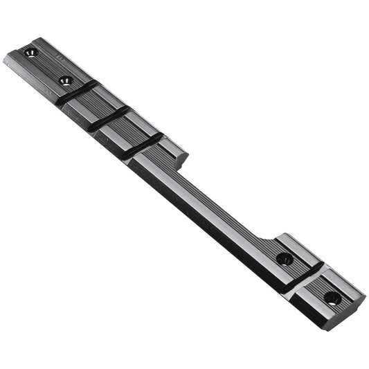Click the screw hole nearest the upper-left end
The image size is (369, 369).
coord(29,53)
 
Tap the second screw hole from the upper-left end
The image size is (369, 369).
coord(66,81)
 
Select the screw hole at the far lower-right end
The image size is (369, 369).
coord(332,298)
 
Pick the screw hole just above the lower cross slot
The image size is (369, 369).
coord(284,260)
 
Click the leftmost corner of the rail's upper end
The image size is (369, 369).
coord(3,58)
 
